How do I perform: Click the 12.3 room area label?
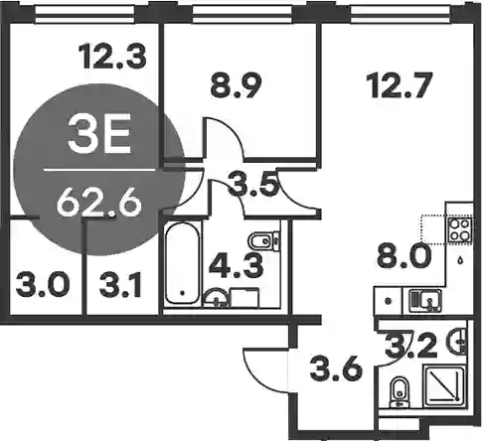tap(112, 57)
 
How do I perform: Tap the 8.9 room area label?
tap(237, 85)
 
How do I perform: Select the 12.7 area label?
tap(402, 85)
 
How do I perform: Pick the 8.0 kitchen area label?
tap(404, 256)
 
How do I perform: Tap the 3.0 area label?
tap(43, 285)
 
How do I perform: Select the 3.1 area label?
tap(120, 285)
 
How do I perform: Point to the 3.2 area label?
tap(410, 347)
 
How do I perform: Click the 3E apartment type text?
tap(98, 136)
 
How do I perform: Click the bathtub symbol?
tap(183, 263)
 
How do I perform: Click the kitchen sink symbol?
tap(425, 300)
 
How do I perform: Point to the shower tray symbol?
tap(444, 385)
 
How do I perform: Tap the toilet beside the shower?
tap(400, 393)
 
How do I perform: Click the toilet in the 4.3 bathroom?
tap(263, 240)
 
